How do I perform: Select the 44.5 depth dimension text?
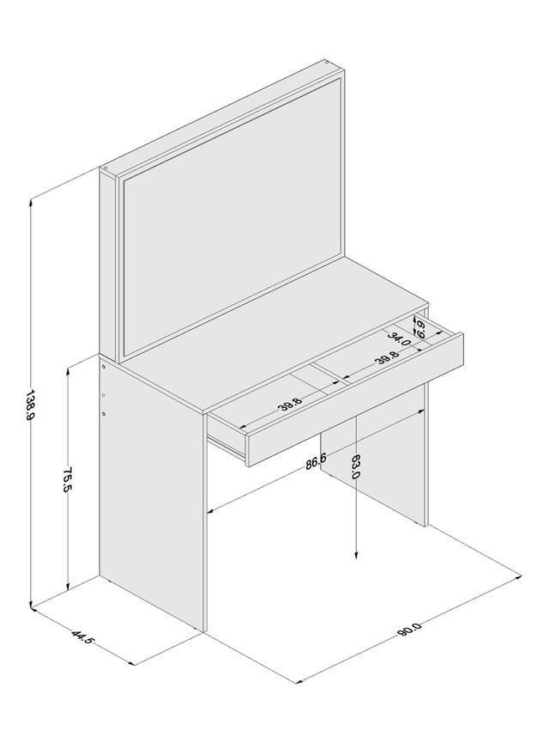click(83, 636)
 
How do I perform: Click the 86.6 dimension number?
click(316, 461)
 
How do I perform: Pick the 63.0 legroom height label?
click(356, 466)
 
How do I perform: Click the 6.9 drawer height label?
click(419, 328)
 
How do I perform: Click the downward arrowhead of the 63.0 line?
click(356, 554)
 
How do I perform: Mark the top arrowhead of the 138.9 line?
click(31, 203)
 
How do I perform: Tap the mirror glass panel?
click(232, 214)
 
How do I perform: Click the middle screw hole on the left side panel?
click(104, 394)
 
